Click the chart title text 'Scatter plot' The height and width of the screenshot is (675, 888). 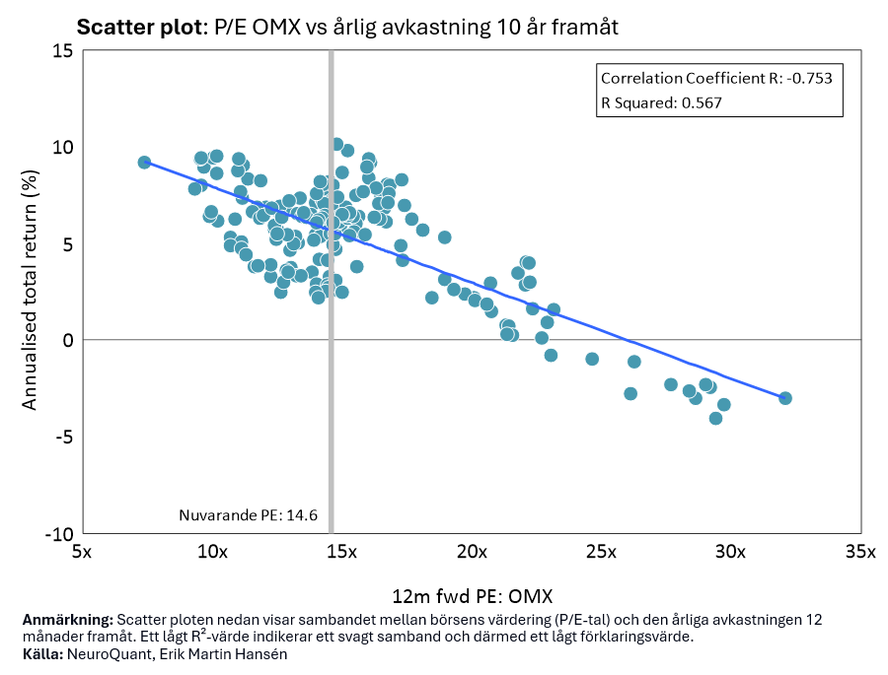coord(137,28)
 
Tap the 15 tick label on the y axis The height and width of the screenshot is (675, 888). coord(63,51)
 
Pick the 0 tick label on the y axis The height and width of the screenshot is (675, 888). coord(68,340)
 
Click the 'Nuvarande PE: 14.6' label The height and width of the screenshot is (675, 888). coord(248,515)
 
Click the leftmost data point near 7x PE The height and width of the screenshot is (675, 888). coord(144,163)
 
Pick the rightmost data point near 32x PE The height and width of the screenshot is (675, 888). coord(785,398)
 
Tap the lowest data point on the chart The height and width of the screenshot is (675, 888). coord(716,418)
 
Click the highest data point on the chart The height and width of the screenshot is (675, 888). coord(336,145)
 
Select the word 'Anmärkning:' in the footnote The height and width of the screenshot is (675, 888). coord(67,620)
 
